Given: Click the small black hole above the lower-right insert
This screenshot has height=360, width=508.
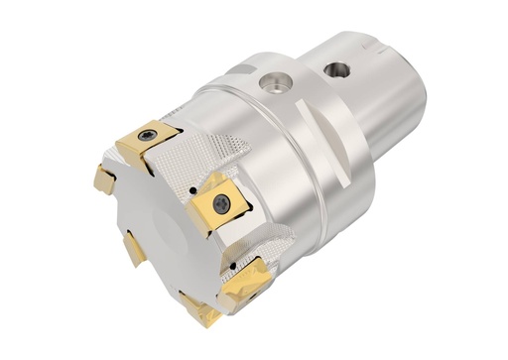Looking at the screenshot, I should point(233,265).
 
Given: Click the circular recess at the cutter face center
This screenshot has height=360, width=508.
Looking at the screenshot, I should point(165,239).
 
